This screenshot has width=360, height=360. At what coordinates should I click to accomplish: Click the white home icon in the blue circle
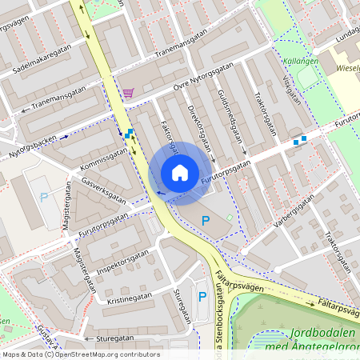[x=179, y=173]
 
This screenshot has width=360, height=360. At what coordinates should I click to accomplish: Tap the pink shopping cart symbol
[x=129, y=93]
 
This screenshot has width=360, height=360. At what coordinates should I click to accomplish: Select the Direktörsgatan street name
[x=200, y=128]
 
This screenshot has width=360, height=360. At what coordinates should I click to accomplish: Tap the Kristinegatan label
[x=128, y=296]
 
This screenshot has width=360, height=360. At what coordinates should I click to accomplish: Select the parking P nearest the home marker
[x=205, y=221]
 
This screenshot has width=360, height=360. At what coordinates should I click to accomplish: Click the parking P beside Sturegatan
[x=202, y=298]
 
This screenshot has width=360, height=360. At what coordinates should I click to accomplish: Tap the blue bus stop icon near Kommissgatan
[x=128, y=134]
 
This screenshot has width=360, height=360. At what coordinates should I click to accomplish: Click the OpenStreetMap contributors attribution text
[x=80, y=354]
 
